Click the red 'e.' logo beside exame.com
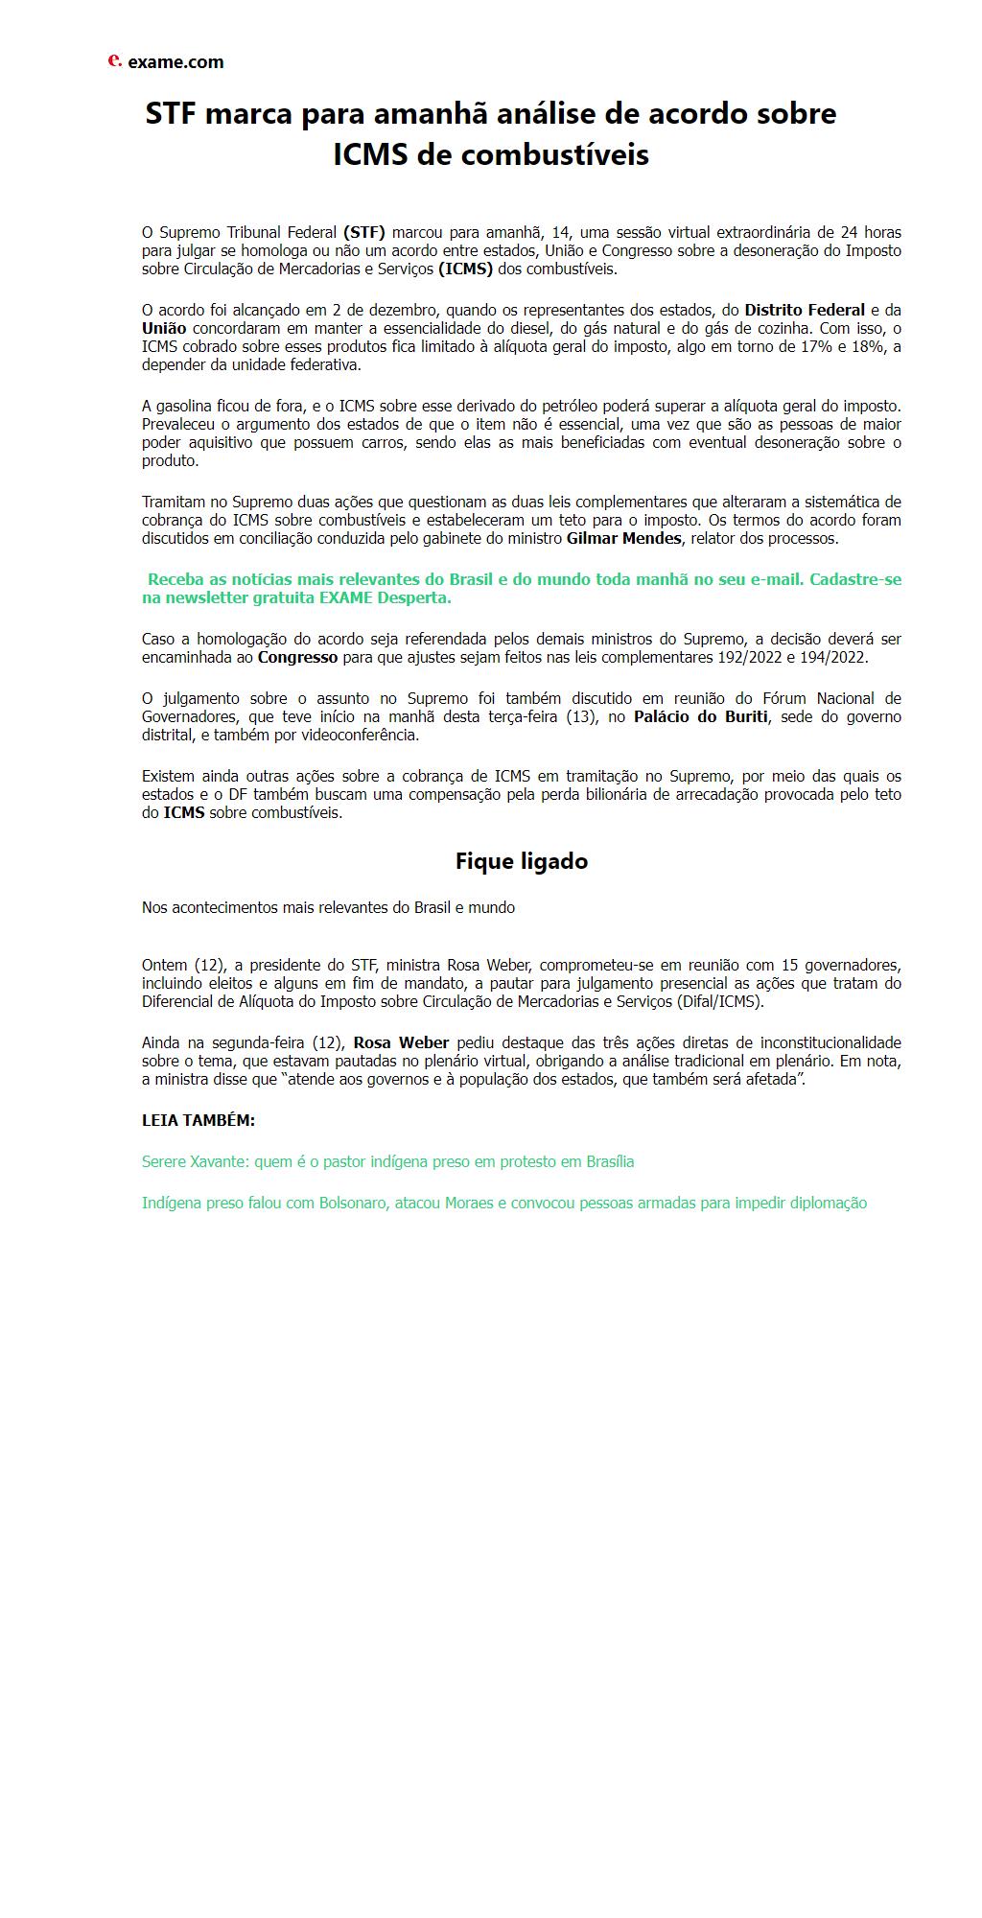click(x=114, y=60)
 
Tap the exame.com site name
click(x=175, y=62)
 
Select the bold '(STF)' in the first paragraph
click(x=364, y=232)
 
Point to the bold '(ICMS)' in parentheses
click(x=465, y=269)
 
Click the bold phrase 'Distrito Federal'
click(x=805, y=310)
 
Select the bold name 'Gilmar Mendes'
click(x=623, y=538)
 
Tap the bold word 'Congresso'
click(x=297, y=657)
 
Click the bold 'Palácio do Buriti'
click(x=700, y=716)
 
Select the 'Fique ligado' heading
click(x=521, y=861)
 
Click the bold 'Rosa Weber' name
click(x=401, y=1042)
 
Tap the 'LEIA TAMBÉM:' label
click(x=199, y=1120)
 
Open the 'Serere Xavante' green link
click(x=387, y=1161)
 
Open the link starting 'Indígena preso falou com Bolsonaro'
click(x=503, y=1203)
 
